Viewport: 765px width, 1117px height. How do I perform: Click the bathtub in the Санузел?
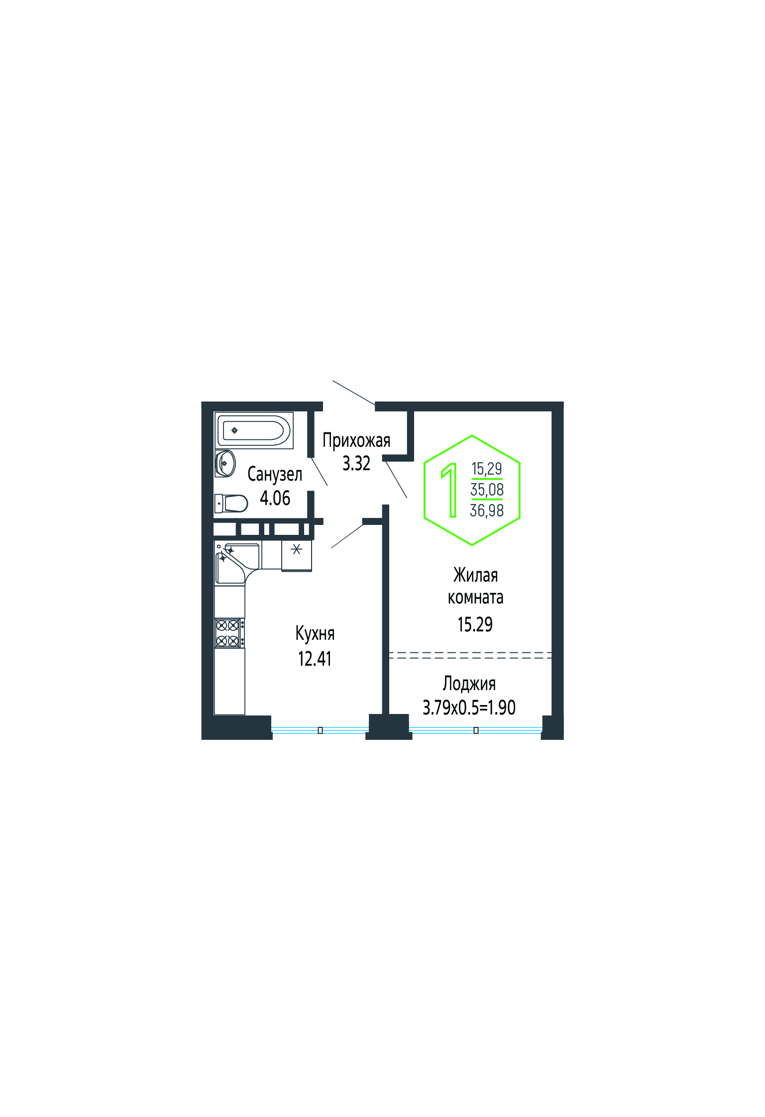[x=254, y=430]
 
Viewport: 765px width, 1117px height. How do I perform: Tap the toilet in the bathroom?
[x=231, y=503]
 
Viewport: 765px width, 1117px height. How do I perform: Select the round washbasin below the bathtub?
[x=225, y=463]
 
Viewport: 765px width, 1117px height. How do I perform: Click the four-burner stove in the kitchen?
[x=229, y=633]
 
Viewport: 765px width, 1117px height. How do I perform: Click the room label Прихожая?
[x=356, y=440]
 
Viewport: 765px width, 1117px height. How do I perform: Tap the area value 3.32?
[x=356, y=463]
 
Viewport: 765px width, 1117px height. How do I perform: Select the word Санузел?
[x=275, y=474]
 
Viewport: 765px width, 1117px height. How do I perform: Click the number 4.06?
[x=275, y=498]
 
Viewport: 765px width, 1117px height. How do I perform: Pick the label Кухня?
[x=315, y=633]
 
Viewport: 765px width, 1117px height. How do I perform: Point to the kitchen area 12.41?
[x=315, y=659]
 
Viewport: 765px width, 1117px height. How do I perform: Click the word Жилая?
[x=476, y=575]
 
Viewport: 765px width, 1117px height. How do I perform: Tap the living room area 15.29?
[x=475, y=624]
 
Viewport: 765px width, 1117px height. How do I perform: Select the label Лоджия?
[x=469, y=684]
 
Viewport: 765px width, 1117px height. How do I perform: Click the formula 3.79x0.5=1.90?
[x=469, y=707]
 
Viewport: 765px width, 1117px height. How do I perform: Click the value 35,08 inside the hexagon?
[x=487, y=490]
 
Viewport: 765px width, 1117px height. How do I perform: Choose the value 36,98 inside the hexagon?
[x=487, y=510]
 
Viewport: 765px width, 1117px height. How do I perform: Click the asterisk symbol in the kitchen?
[x=297, y=549]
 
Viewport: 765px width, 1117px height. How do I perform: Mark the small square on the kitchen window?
[x=320, y=730]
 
